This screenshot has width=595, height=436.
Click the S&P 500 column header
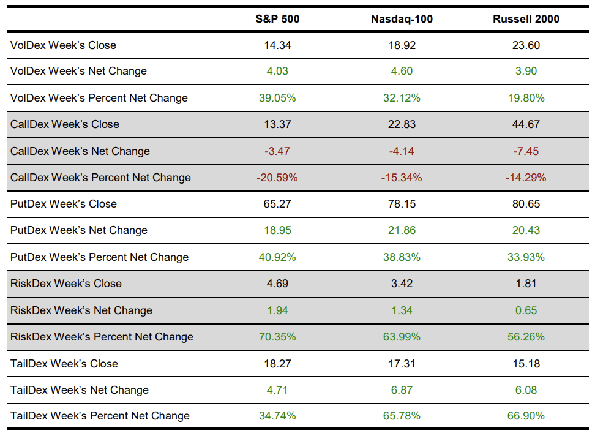tap(277, 19)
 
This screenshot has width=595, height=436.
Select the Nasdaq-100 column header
tap(402, 19)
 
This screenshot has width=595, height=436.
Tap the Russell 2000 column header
tap(526, 19)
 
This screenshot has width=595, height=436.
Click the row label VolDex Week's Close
tap(63, 45)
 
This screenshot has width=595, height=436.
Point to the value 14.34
tap(277, 45)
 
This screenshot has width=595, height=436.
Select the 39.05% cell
tap(277, 98)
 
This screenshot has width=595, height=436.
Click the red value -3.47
tap(277, 151)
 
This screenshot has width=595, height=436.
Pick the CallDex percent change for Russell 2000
tap(526, 178)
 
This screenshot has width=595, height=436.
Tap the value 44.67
tap(526, 124)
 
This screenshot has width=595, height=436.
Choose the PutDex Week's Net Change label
tap(79, 230)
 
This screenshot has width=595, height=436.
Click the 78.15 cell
tap(402, 204)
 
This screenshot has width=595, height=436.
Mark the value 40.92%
tap(277, 257)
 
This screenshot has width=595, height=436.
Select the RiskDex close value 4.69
tap(277, 284)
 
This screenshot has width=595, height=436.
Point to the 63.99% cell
tap(402, 337)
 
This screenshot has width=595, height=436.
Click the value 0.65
tap(526, 310)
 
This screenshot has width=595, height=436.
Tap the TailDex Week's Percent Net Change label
tap(100, 416)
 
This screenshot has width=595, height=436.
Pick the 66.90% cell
tap(526, 416)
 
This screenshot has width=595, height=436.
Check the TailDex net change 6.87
tap(402, 390)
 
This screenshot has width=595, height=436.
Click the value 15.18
tap(526, 364)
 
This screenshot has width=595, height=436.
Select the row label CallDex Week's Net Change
tap(80, 151)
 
